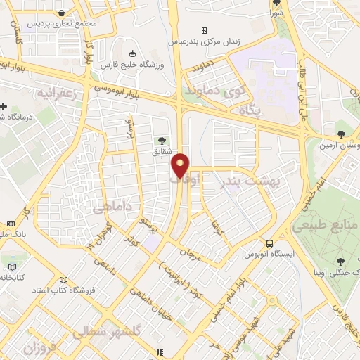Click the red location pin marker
[x=181, y=165]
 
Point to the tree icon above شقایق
[x=163, y=139]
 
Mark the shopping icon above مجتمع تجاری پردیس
[x=63, y=12]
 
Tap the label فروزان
[x=39, y=348]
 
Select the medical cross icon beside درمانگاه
[x=4, y=107]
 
